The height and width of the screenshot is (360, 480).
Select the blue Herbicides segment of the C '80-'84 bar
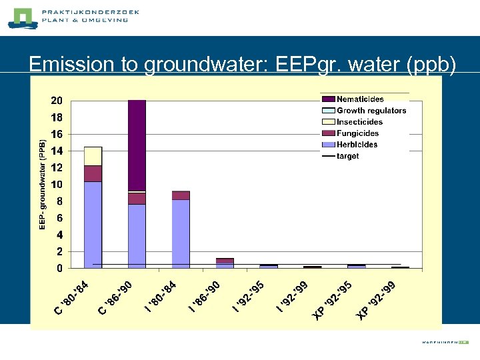[93, 225]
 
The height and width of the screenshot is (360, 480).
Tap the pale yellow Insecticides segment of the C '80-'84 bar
[93, 156]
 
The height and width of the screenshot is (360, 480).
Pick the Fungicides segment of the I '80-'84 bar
[181, 195]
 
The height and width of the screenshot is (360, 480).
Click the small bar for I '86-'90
[225, 263]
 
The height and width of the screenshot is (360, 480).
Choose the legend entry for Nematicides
[360, 99]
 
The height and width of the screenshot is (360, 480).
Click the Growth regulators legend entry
[371, 111]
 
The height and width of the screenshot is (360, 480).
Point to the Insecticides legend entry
[359, 122]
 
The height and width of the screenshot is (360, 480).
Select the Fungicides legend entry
[357, 133]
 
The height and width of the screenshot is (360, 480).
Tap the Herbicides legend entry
[357, 145]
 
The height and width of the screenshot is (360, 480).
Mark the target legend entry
[347, 156]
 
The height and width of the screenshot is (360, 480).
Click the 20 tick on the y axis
[57, 101]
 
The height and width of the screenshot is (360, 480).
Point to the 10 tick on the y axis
[57, 185]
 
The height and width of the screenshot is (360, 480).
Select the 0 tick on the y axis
[60, 269]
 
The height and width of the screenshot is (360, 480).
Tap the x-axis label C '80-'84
[71, 299]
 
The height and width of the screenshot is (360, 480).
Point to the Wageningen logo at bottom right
[445, 342]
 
